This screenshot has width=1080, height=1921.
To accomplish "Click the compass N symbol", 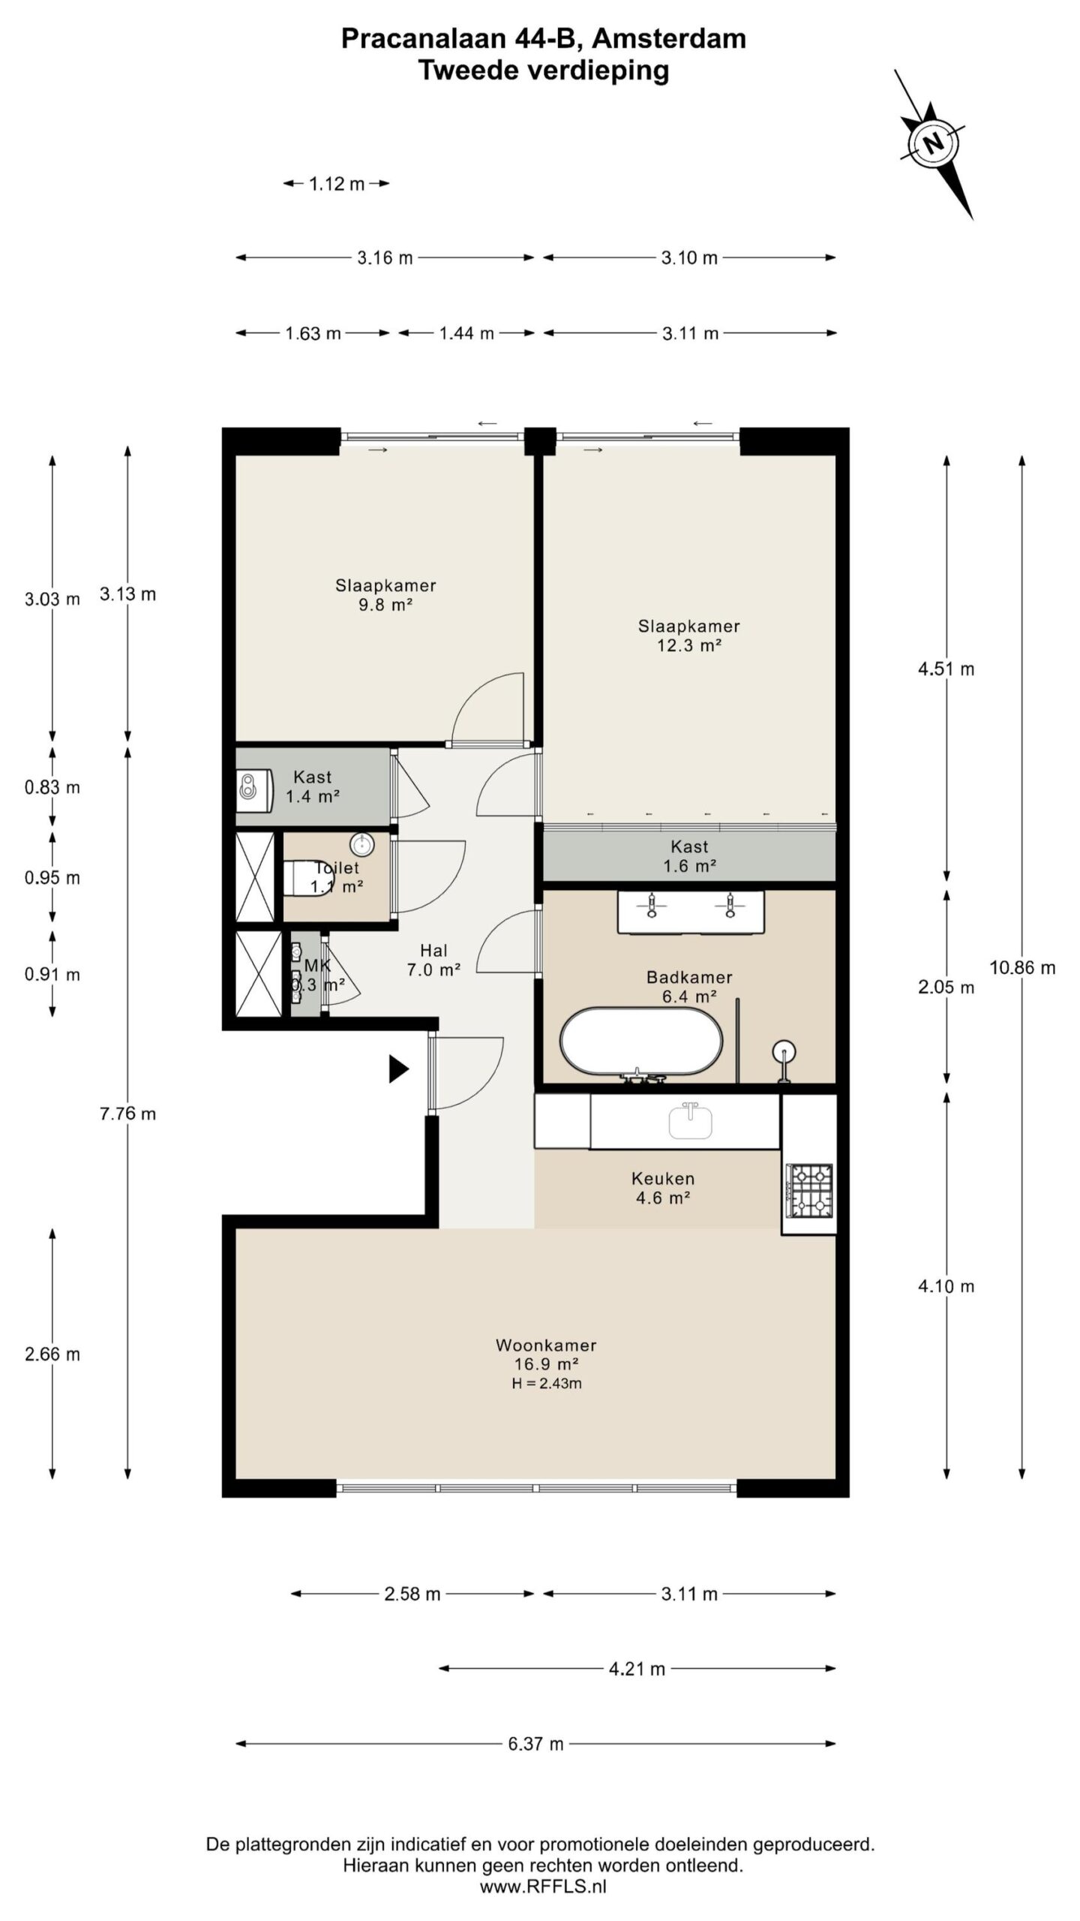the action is [933, 143].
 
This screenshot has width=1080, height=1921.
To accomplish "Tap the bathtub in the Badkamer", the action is [641, 1040].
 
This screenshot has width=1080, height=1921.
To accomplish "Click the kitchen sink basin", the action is [691, 1121].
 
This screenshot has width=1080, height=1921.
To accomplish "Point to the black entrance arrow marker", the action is [398, 1069].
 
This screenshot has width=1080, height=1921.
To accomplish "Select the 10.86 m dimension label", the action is [1022, 967].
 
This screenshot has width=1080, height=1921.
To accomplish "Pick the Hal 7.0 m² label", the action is [433, 960].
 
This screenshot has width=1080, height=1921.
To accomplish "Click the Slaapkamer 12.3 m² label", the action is [688, 635].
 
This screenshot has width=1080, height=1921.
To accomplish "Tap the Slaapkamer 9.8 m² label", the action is [385, 594].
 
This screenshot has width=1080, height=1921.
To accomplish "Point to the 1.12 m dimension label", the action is [337, 183].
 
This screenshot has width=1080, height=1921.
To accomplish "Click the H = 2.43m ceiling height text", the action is [547, 1383].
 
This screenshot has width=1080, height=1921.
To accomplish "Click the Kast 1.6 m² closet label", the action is [689, 855].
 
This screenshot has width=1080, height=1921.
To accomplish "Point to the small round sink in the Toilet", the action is [362, 844].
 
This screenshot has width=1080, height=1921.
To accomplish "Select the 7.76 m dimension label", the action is [128, 1113].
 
